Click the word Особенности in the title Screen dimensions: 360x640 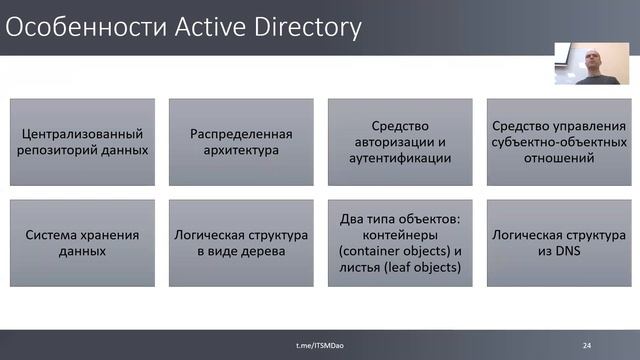75,27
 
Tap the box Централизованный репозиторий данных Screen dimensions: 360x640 83,142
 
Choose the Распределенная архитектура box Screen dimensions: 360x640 242,142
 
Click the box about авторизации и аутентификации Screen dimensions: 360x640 400,142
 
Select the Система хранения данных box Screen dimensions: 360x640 83,244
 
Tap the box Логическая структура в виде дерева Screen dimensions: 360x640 242,244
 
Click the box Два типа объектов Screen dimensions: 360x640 400,244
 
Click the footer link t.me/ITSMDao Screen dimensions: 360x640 318,345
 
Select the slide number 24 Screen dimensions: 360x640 587,345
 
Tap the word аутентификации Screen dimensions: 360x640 400,158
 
